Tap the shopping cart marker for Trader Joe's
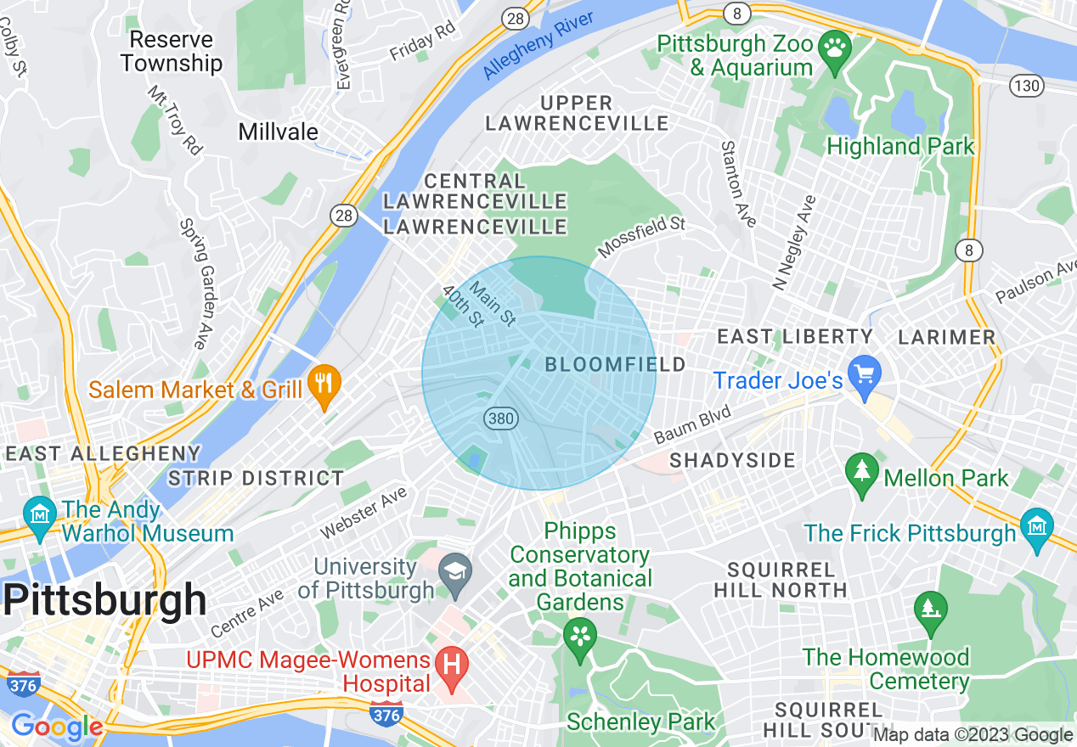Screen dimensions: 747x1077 866,373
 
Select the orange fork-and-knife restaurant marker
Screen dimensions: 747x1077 323,383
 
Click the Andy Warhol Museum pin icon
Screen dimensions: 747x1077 39,514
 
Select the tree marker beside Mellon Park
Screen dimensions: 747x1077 862,472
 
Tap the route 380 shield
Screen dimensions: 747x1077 500,417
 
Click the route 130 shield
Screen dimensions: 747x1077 1027,86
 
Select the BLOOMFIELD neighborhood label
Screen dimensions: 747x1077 615,365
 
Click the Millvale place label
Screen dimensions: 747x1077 278,132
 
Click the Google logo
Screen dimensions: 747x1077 56,727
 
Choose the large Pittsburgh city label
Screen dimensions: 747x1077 104,600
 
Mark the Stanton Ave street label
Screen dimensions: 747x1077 737,184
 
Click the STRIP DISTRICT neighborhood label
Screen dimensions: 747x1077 256,478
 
